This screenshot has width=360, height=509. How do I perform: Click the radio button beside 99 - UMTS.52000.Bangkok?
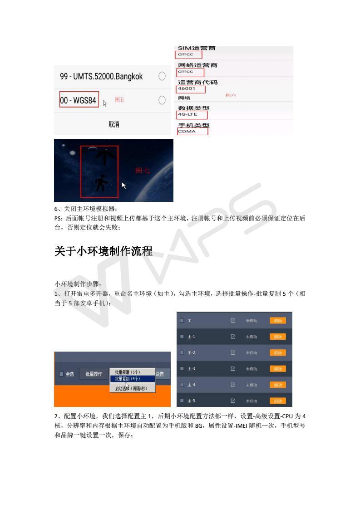click(162, 76)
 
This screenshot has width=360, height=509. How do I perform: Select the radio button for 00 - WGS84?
click(162, 100)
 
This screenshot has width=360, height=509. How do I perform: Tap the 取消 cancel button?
click(113, 124)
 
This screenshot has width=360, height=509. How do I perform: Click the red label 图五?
click(119, 100)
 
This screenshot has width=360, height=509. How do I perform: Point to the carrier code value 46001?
click(187, 89)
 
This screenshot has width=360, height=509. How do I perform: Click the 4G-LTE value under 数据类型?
click(187, 114)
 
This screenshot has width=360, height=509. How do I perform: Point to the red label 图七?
click(143, 171)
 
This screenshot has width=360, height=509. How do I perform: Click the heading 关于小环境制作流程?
click(103, 251)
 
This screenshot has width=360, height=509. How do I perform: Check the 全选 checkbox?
click(62, 374)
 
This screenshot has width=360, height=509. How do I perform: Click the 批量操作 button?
click(94, 374)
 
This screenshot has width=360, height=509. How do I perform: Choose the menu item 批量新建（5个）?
click(127, 372)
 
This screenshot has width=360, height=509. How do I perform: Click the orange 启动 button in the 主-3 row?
click(277, 369)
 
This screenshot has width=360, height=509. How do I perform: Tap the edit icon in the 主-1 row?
click(233, 337)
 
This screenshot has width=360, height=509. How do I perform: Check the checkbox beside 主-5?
click(182, 401)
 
